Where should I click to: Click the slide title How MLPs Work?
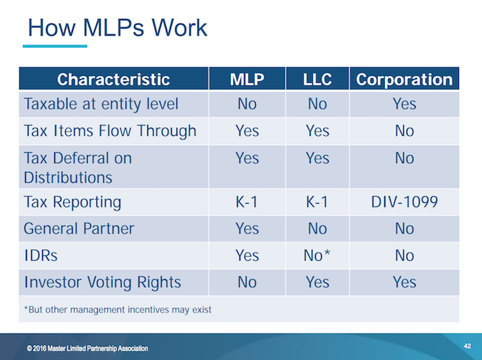click(x=117, y=28)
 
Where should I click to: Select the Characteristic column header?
click(x=113, y=79)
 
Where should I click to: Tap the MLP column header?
click(x=246, y=79)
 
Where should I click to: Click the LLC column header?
click(x=317, y=79)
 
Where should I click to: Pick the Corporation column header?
click(x=404, y=79)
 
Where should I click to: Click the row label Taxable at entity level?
click(x=101, y=104)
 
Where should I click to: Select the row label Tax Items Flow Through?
click(x=110, y=130)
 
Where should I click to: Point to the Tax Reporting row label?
click(x=73, y=202)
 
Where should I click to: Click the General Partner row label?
click(x=79, y=229)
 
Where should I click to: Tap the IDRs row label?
click(x=41, y=255)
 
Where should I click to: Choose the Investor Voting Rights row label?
click(x=101, y=281)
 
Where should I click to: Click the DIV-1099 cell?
click(x=404, y=202)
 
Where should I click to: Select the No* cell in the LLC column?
click(x=317, y=255)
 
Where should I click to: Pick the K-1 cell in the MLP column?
click(x=246, y=202)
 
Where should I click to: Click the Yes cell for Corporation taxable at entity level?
click(x=404, y=104)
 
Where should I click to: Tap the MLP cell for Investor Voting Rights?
click(x=246, y=281)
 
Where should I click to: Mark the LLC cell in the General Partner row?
click(x=317, y=229)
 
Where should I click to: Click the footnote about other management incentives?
click(x=118, y=310)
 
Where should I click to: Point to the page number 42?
click(x=467, y=346)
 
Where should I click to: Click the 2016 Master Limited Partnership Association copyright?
click(x=88, y=348)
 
